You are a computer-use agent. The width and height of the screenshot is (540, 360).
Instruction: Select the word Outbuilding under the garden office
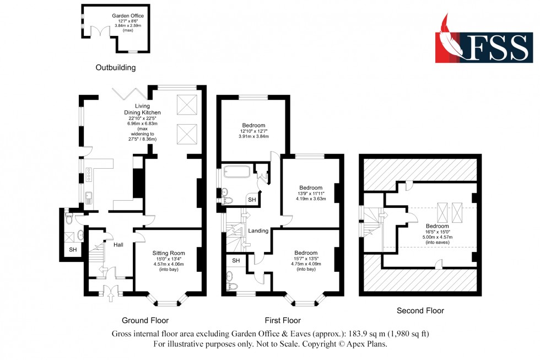[115, 68]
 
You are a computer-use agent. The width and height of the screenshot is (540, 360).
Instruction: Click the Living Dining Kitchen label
[143, 112]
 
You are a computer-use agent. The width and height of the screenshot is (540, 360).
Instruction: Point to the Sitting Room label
[169, 254]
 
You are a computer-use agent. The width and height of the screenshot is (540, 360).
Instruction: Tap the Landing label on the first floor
[258, 230]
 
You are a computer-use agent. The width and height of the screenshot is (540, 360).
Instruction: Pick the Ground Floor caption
[145, 320]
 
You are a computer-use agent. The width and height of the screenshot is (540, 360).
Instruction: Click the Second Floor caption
[420, 311]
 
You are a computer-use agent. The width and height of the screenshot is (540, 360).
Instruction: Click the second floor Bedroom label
[437, 226]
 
